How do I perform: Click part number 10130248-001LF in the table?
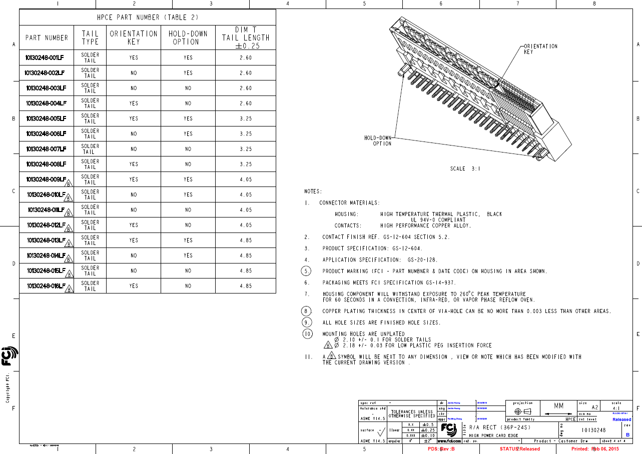[x=46, y=57]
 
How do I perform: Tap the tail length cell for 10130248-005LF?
[x=246, y=118]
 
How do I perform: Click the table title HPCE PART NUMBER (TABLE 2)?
[x=148, y=17]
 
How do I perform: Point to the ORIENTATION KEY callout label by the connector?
[x=540, y=49]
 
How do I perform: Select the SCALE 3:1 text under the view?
[x=465, y=168]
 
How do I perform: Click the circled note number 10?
[x=308, y=333]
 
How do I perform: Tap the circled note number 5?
[x=306, y=271]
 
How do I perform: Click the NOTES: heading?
[x=313, y=191]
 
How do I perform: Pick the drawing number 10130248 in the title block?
[x=594, y=430]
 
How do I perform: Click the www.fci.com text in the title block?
[x=449, y=441]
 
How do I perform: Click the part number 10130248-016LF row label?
[x=46, y=286]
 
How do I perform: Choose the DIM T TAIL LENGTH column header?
[x=246, y=37]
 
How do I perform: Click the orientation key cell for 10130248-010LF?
[x=134, y=194]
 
